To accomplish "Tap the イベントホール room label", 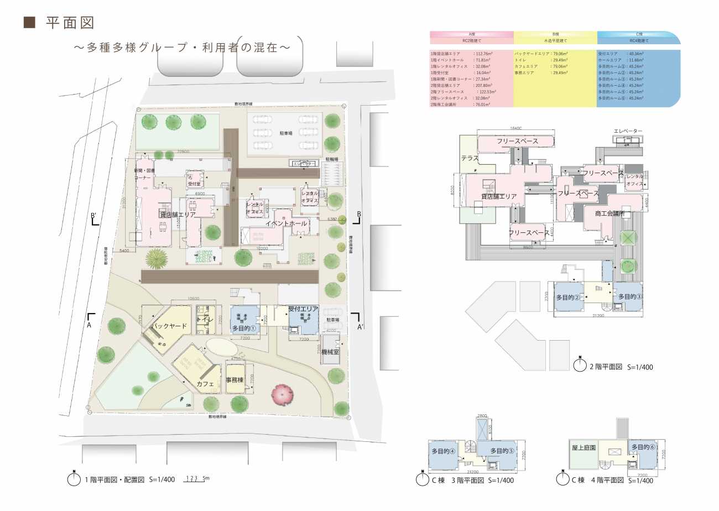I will [286, 223].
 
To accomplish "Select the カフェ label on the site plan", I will [205, 383].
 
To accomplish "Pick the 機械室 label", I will [331, 352].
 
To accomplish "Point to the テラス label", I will [470, 158].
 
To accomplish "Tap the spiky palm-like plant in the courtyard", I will [157, 257].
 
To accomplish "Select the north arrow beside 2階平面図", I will [580, 364].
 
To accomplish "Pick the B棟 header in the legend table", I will [555, 34].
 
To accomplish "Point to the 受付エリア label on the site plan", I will [303, 308].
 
